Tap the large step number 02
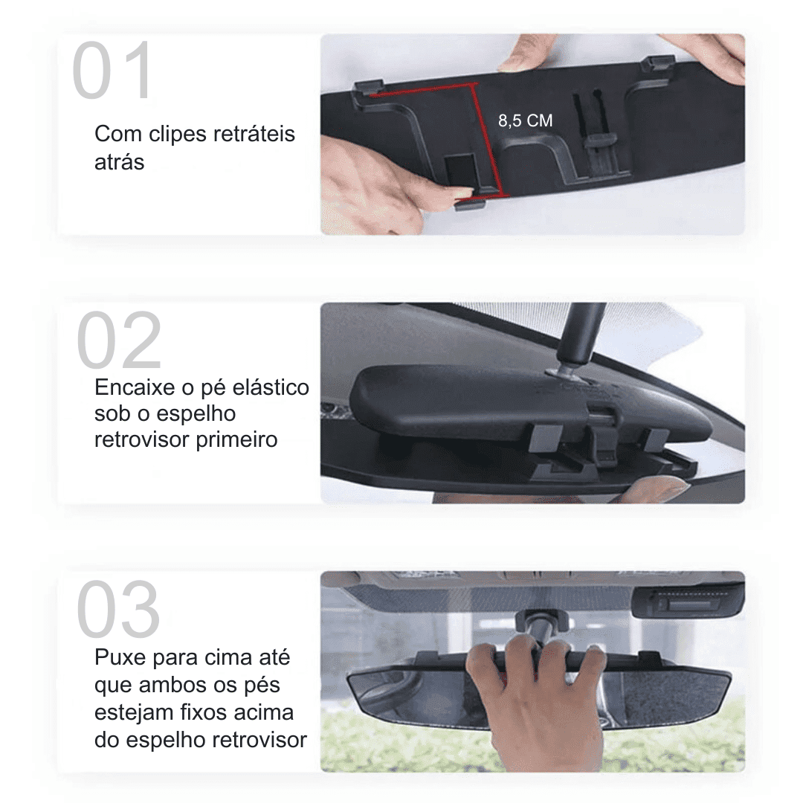tap(119, 340)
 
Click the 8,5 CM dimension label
tap(526, 121)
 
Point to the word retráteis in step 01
tap(254, 134)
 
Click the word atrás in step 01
tap(119, 162)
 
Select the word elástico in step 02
tap(271, 387)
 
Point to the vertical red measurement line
tap(488, 139)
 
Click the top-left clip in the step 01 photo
tap(368, 86)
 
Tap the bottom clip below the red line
tap(470, 204)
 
